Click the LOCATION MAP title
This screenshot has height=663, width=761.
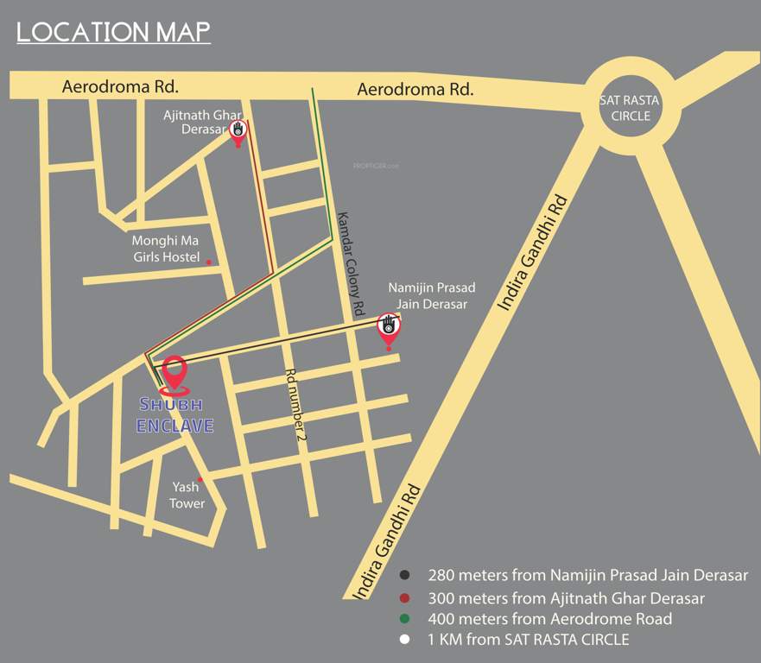point(113,31)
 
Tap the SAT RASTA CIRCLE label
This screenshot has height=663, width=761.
point(630,108)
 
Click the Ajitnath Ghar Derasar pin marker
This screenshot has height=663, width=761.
point(238,131)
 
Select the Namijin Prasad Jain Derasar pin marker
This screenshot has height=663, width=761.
point(389,328)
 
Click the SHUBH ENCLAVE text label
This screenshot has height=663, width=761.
point(175,415)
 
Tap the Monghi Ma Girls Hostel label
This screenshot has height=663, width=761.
point(166,249)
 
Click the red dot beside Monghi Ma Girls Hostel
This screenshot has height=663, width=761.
point(208,261)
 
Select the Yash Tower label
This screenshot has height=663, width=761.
point(187,495)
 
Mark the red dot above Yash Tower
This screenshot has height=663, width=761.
point(200,480)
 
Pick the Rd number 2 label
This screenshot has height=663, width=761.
point(297,406)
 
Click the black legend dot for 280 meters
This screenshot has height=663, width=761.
point(403,575)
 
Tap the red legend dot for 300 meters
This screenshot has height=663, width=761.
point(403,597)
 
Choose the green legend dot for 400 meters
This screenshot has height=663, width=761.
point(403,619)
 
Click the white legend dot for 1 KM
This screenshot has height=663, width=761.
point(403,640)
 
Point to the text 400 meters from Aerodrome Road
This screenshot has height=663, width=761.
point(549,619)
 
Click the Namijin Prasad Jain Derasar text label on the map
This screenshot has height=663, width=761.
point(431,295)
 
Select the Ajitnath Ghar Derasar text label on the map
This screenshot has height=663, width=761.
point(203,121)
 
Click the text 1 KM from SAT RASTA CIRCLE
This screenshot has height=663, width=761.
point(529,640)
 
